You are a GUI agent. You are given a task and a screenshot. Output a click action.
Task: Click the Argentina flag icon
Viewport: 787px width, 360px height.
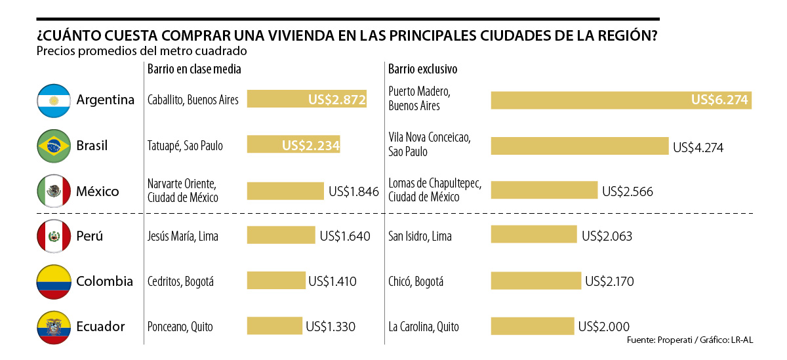(x=54, y=100)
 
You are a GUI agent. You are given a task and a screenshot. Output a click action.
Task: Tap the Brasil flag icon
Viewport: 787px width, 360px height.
(x=54, y=146)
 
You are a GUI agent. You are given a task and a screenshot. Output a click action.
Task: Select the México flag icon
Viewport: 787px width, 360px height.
(x=54, y=191)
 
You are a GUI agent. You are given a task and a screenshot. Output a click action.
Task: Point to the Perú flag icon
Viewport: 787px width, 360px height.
(x=54, y=236)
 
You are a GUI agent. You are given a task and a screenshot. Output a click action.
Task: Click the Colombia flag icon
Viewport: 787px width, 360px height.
(x=54, y=281)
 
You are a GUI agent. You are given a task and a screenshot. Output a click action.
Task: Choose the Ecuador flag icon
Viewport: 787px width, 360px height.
(x=54, y=327)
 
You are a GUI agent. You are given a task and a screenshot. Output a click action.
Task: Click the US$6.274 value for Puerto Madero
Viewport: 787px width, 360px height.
(x=720, y=100)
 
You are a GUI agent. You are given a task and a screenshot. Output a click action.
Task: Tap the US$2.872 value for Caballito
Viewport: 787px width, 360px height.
(x=336, y=100)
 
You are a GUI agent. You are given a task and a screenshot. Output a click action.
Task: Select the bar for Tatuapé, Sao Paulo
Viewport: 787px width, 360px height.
(x=293, y=146)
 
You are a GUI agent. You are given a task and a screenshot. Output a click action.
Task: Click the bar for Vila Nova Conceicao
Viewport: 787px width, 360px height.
(x=579, y=146)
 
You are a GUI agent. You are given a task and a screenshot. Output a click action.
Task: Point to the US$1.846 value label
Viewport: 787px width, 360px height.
(x=353, y=191)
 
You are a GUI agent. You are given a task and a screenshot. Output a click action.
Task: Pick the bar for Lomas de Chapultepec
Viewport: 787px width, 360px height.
(x=544, y=191)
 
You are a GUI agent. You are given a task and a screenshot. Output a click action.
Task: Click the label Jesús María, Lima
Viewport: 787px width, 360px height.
(x=183, y=236)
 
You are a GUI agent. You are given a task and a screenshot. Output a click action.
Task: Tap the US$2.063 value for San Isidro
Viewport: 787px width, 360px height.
(x=607, y=236)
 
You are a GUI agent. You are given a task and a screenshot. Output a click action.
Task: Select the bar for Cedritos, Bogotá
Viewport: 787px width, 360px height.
(x=276, y=281)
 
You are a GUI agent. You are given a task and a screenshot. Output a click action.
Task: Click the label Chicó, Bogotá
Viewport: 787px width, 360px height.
(x=416, y=281)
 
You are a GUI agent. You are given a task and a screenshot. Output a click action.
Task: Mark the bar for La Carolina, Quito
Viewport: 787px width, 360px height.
(x=532, y=327)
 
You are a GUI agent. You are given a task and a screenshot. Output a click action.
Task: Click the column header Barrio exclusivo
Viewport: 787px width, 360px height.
(x=422, y=69)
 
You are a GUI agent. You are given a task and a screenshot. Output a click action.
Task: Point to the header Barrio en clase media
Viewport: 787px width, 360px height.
(x=194, y=69)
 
